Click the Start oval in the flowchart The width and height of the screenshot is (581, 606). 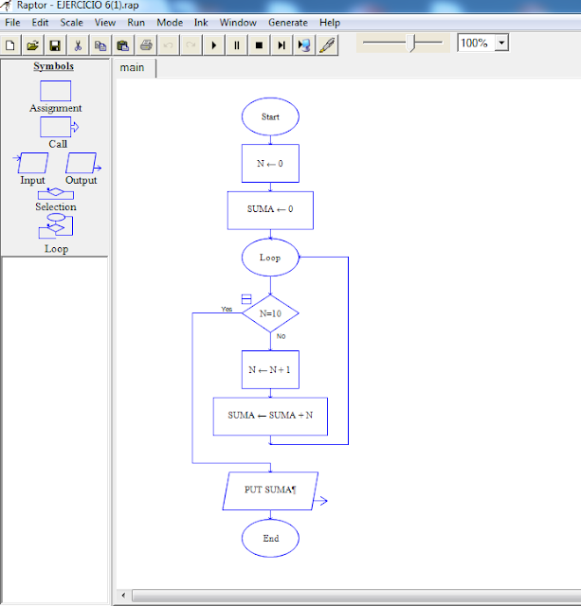click(x=270, y=116)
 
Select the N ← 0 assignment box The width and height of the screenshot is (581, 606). click(x=270, y=163)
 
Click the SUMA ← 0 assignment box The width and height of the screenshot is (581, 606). click(x=270, y=210)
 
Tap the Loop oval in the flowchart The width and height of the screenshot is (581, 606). click(x=270, y=258)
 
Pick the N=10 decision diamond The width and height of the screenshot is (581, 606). click(x=270, y=313)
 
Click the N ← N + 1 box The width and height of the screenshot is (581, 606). click(x=270, y=370)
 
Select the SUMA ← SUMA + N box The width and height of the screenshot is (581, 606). click(x=270, y=416)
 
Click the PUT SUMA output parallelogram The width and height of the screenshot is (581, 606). click(x=270, y=490)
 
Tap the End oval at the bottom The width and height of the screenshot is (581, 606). click(x=270, y=538)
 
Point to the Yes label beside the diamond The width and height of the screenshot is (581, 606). click(x=227, y=310)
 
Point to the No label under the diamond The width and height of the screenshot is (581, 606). click(x=281, y=337)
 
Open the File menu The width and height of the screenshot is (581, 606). click(x=13, y=22)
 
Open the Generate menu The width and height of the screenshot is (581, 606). click(x=287, y=22)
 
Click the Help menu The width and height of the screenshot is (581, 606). click(x=330, y=22)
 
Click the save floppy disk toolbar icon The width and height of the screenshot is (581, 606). click(x=55, y=45)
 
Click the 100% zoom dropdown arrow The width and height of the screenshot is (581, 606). click(x=501, y=43)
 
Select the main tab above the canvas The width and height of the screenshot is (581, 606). click(x=133, y=68)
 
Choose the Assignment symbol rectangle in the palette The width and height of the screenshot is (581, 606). click(x=55, y=91)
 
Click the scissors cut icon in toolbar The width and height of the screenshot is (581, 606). click(x=78, y=45)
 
